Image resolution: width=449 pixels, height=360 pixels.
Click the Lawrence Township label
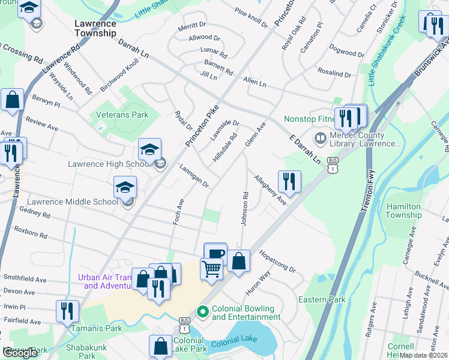95,28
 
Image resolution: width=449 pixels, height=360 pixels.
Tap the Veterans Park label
119,114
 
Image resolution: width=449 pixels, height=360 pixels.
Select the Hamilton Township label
403,211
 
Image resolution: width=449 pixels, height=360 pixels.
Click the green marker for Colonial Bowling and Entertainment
203,311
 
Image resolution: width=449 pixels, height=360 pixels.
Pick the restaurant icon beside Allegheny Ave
289,181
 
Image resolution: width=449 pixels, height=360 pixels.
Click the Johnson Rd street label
245,209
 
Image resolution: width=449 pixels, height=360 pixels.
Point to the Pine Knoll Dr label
251,18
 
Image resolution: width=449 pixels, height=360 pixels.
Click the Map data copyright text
424,355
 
